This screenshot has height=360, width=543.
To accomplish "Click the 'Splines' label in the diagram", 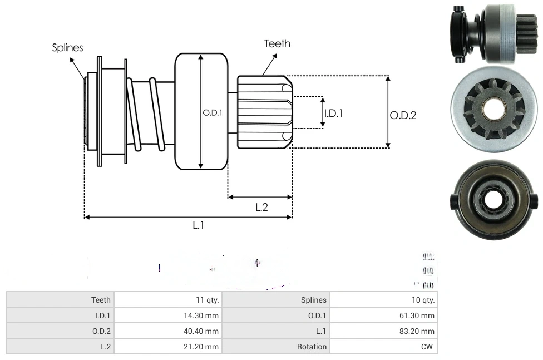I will (67, 48).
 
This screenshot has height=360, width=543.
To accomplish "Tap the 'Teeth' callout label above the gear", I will (277, 43).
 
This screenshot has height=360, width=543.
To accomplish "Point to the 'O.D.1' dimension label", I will (213, 112).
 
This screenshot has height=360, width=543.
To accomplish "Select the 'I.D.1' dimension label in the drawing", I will (333, 113).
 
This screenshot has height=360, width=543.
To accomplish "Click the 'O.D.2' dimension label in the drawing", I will (403, 116).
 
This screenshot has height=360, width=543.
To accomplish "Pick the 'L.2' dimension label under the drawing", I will (261, 207).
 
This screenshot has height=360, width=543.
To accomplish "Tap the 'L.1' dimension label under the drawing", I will (199, 225).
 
